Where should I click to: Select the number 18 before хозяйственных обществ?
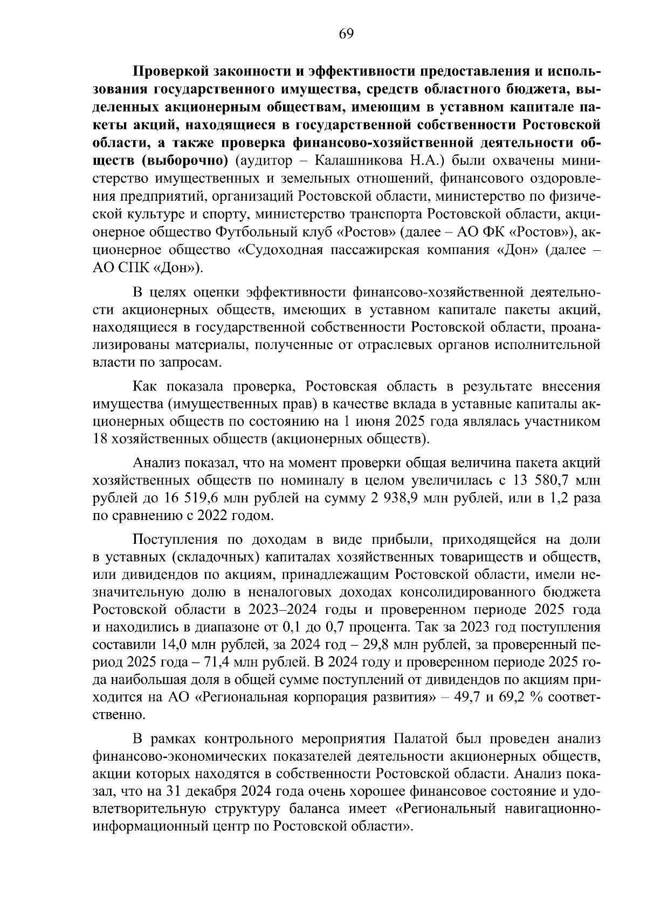pos(100,439)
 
